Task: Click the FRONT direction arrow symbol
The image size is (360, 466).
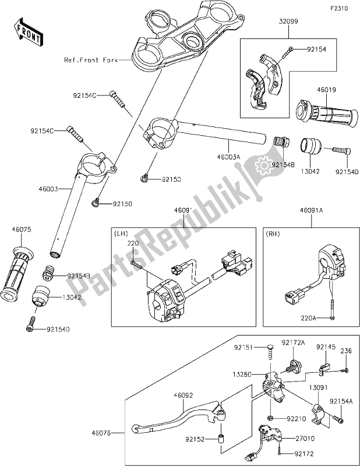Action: (x=27, y=32)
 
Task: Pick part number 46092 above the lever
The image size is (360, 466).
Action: (x=185, y=394)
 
